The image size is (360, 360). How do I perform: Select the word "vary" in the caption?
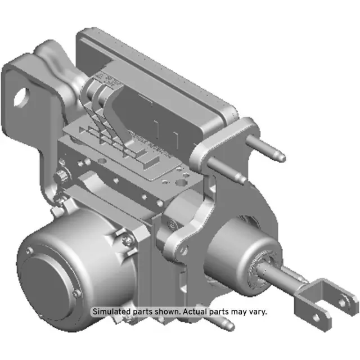[257, 311]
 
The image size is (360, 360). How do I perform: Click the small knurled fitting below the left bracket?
[58, 178]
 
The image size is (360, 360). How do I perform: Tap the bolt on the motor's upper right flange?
[127, 240]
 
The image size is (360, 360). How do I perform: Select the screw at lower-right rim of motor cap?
[77, 294]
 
